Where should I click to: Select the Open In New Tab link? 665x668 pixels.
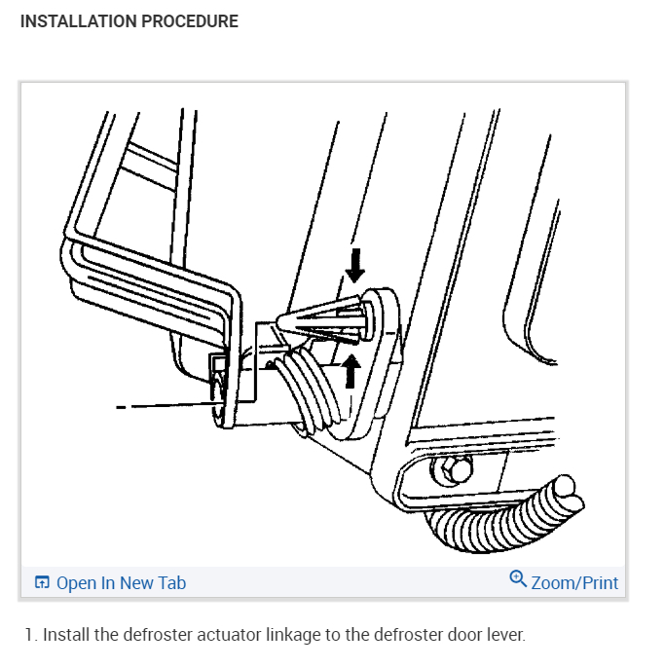tap(121, 583)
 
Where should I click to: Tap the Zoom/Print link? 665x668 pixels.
tap(574, 582)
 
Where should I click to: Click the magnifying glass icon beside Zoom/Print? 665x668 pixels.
tap(518, 579)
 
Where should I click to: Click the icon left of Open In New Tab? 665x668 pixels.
tap(42, 583)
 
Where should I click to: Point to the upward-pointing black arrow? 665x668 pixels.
tap(352, 369)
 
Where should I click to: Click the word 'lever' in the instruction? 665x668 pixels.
tap(502, 636)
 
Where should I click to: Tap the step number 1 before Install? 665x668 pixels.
tap(28, 636)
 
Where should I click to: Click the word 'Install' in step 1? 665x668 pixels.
tap(63, 636)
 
